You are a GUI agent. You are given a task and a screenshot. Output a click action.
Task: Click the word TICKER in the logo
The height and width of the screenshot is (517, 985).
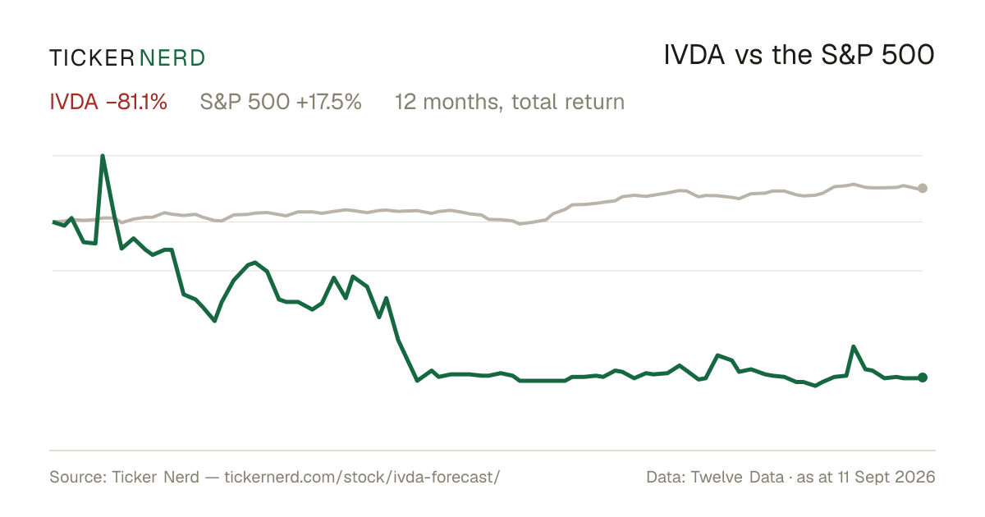pos(92,58)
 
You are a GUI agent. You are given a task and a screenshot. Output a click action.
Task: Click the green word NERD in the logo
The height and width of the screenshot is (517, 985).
pos(172,58)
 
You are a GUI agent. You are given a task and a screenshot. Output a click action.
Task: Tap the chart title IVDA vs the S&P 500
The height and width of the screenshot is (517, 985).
pos(799,55)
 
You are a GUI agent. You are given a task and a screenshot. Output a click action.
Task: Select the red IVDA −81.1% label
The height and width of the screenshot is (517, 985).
pos(108,102)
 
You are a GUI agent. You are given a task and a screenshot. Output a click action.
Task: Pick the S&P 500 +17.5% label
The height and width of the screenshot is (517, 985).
pos(281,102)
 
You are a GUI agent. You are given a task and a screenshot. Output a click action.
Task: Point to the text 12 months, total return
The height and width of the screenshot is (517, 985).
pos(510,102)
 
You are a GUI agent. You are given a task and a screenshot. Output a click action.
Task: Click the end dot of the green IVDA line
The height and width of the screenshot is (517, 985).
pos(923,377)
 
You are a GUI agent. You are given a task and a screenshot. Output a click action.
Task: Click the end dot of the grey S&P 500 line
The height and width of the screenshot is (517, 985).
pos(923,188)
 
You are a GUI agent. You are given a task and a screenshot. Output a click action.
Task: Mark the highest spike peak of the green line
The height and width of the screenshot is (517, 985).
pos(103,156)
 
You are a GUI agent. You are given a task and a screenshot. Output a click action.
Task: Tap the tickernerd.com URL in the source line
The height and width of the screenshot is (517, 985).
pos(362,477)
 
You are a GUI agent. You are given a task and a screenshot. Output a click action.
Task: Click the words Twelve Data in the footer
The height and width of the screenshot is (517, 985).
pos(737,477)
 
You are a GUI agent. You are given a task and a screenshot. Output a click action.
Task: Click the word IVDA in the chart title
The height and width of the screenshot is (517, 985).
pos(694,55)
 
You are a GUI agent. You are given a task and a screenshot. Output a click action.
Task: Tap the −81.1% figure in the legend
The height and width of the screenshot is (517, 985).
pos(137,102)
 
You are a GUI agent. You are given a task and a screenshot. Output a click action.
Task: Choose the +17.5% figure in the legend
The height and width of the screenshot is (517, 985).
pos(329,102)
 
